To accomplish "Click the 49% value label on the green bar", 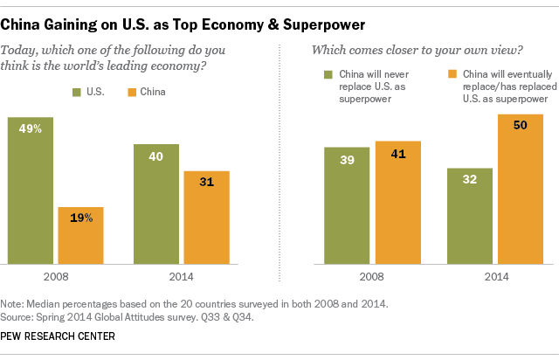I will (x=31, y=128).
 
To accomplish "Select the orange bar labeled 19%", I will (x=81, y=236).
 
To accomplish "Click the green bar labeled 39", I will (x=347, y=205).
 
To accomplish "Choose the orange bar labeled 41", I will (x=397, y=202).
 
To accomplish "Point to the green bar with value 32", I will (x=470, y=215).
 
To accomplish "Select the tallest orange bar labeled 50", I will (x=520, y=189).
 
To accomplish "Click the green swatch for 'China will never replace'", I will (x=329, y=75).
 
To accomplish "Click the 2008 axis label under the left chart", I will (x=57, y=277).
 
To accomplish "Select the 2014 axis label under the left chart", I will (x=182, y=277).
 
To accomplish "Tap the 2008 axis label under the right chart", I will (x=371, y=277).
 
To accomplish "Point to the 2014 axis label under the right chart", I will (x=494, y=277).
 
